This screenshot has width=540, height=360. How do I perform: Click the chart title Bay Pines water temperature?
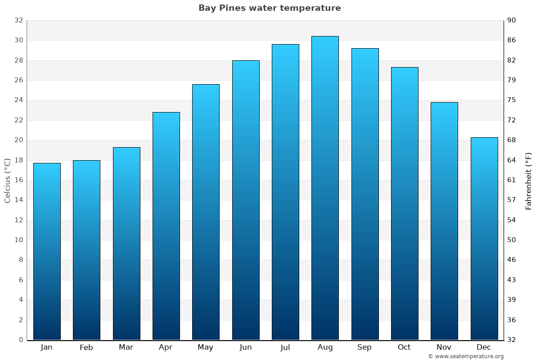[x=270, y=8]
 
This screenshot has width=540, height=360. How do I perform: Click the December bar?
[x=484, y=238]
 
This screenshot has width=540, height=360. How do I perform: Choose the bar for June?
[x=246, y=200]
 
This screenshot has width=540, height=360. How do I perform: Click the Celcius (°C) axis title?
[x=7, y=180]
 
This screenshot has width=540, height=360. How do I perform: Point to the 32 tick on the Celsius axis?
[x=18, y=20]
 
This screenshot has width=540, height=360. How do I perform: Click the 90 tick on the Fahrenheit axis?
[x=512, y=20]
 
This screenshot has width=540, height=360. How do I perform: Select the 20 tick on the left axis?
[x=18, y=140]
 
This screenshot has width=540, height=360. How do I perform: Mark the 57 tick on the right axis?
[x=512, y=200]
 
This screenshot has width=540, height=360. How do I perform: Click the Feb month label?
[x=86, y=347]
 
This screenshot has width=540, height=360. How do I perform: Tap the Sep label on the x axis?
[x=364, y=347]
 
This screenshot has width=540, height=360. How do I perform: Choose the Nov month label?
[x=444, y=347]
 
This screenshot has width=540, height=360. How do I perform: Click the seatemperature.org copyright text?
[x=466, y=356]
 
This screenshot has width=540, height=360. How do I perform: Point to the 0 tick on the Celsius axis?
[x=21, y=340]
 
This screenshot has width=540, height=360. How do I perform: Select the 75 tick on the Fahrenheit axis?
[x=512, y=100]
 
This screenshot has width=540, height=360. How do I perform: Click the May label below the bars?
[x=206, y=347]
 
